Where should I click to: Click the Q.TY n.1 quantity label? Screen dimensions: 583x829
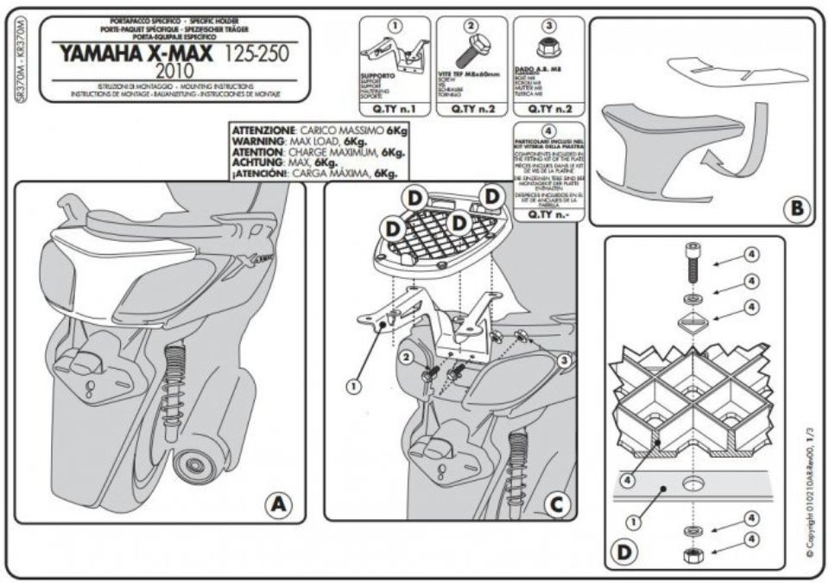click(x=395, y=110)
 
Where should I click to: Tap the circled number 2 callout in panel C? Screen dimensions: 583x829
click(x=404, y=357)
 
